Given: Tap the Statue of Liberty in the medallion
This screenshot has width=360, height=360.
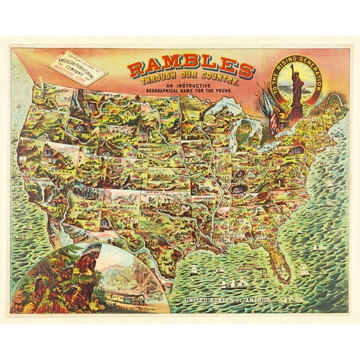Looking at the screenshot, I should (x=294, y=84).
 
